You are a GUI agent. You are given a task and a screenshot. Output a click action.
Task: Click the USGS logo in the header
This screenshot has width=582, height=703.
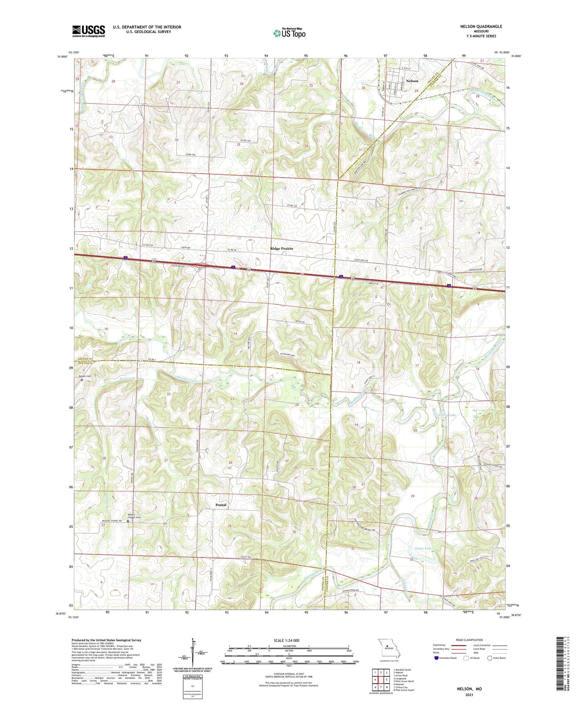(x=88, y=31)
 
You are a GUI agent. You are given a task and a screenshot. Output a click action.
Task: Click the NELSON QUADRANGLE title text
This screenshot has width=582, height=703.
(x=481, y=27)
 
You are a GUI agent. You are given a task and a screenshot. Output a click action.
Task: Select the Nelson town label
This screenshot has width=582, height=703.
(x=412, y=81)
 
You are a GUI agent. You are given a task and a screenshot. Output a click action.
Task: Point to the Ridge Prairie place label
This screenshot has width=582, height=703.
(x=282, y=249)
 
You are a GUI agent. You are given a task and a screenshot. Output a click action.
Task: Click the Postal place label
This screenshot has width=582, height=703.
(x=221, y=505)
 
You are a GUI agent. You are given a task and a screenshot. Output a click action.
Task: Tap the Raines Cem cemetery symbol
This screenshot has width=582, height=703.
(x=82, y=380)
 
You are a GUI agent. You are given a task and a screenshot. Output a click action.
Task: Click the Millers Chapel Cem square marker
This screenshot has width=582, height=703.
(x=128, y=521)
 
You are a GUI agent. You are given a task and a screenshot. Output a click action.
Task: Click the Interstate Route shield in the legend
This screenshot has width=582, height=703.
(x=437, y=658)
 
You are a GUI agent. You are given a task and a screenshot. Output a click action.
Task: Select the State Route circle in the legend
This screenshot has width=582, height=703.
(x=490, y=658)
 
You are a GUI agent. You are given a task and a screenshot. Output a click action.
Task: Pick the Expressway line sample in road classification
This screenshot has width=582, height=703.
(x=460, y=645)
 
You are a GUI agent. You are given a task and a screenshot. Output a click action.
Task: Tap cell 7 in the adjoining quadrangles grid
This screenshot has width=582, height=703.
(x=375, y=687)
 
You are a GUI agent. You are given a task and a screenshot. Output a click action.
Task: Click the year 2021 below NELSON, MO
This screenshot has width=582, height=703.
(x=469, y=695)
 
